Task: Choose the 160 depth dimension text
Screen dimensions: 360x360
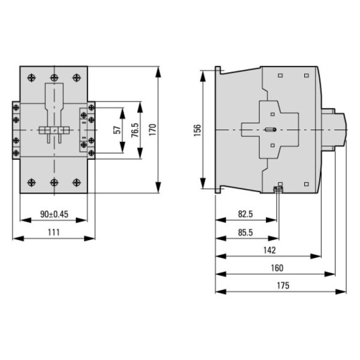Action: pos(277,268)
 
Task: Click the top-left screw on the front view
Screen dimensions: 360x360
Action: pos(32,78)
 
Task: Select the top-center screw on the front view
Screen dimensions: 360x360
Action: pos(54,78)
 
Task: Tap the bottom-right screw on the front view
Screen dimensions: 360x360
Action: pos(76,181)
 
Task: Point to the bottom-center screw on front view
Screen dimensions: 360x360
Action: pos(54,181)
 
